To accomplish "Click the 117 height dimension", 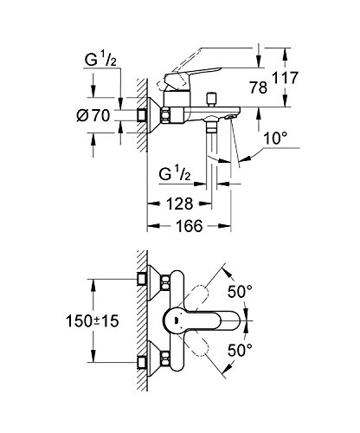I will pyautogui.click(x=285, y=78).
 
